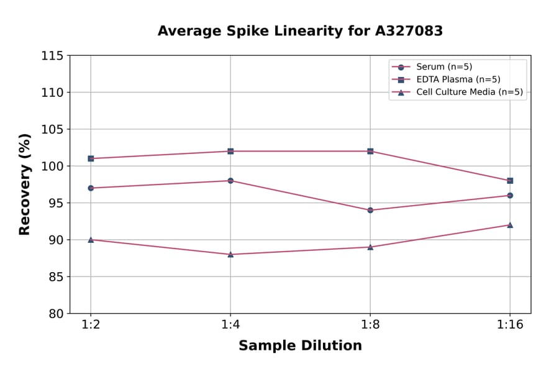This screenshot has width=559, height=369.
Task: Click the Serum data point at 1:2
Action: coord(91,188)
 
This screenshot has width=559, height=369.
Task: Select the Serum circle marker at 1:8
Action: coord(370,210)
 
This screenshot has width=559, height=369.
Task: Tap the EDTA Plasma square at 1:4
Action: coord(230,151)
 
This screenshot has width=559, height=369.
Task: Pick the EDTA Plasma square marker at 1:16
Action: coord(510,181)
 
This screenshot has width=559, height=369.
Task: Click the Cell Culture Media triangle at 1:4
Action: coord(230,254)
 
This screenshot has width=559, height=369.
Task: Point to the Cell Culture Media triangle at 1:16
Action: coord(510,225)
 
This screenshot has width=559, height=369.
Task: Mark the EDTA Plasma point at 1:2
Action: coord(91,158)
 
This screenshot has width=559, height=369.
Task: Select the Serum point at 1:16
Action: coord(510,195)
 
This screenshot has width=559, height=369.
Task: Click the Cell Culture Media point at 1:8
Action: coord(370,247)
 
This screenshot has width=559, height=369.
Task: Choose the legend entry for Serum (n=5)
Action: coord(439,67)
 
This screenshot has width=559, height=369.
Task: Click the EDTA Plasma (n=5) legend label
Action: coord(458,80)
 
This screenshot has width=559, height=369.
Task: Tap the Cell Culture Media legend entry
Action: coord(469,92)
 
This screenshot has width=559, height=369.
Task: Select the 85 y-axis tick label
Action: coord(55,276)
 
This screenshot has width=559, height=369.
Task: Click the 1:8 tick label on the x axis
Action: coord(370,325)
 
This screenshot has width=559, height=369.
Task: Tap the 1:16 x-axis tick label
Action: coord(510,325)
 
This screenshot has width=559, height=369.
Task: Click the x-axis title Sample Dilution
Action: coord(300,346)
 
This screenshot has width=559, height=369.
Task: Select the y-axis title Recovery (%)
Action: coord(24,184)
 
